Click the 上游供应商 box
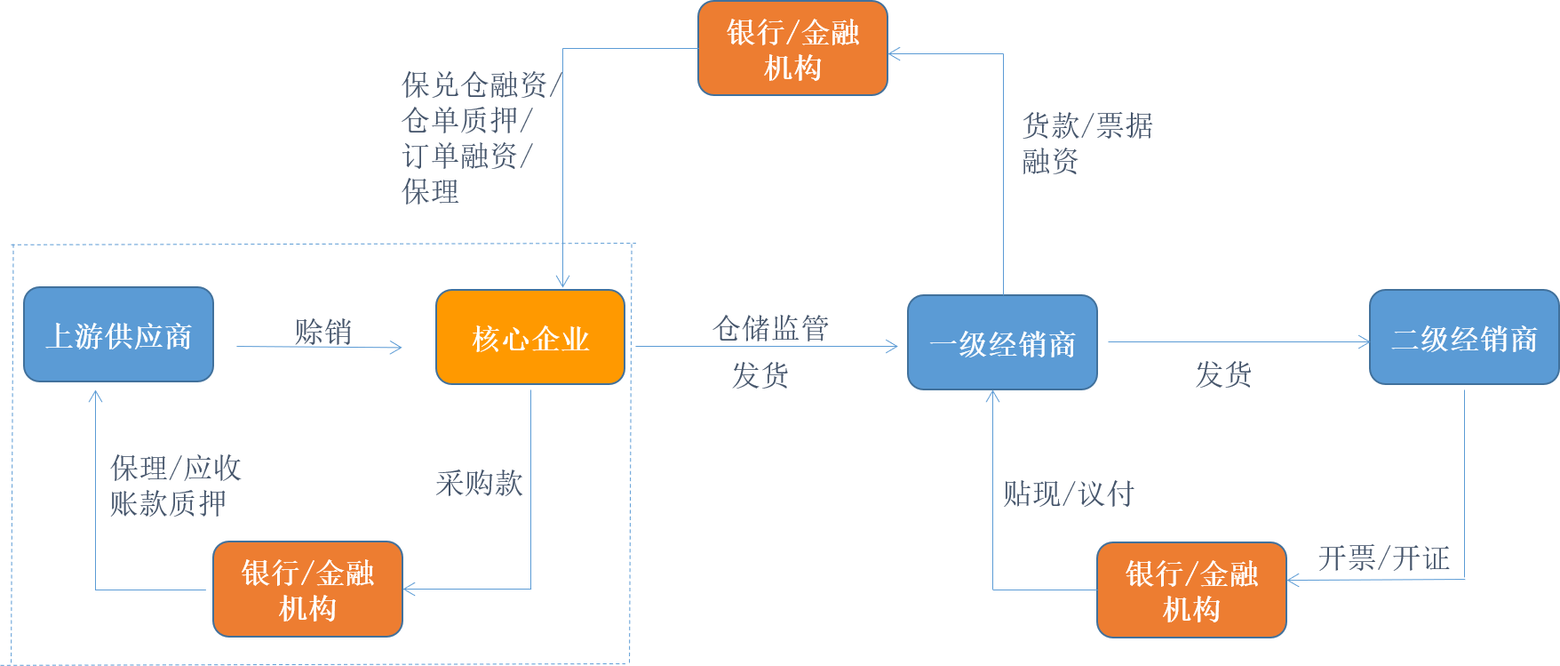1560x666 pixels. point(118,334)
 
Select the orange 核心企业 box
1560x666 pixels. point(530,337)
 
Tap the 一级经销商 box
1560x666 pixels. point(1002,342)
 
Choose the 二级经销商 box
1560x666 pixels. point(1463,337)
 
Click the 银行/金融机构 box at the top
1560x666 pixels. point(792,48)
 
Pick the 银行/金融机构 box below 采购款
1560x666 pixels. point(307,589)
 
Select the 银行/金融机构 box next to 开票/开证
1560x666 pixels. point(1191,590)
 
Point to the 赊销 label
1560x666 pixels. point(323,332)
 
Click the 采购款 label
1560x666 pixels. point(479,483)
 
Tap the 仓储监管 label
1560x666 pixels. point(770,328)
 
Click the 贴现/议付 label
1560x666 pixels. point(1069,493)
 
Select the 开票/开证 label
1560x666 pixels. point(1383,558)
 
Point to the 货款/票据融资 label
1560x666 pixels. point(1086,143)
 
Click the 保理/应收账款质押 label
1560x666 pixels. point(175,485)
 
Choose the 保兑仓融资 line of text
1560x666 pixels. point(481,85)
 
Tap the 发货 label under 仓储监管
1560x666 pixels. point(760,375)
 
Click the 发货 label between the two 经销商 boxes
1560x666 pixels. point(1222,374)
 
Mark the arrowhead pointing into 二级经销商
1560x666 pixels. point(1364,341)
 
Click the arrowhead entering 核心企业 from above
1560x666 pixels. point(562,281)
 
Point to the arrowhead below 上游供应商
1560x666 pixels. point(96,396)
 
